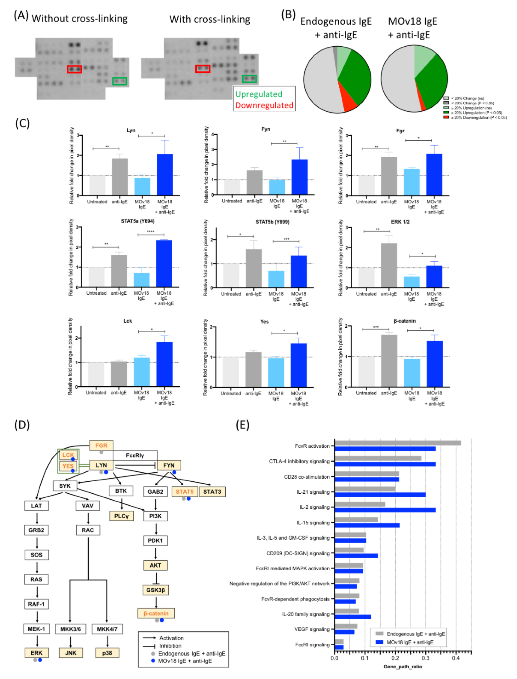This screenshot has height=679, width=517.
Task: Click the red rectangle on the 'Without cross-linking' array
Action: click(x=74, y=69)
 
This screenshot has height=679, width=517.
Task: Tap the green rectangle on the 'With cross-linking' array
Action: click(x=249, y=79)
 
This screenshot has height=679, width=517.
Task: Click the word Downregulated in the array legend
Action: click(x=264, y=105)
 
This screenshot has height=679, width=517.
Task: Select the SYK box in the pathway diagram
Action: click(x=65, y=486)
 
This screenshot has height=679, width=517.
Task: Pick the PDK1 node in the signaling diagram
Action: click(x=155, y=541)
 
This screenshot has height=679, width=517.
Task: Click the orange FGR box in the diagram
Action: click(x=101, y=446)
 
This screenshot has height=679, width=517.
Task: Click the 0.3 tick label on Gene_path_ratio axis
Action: click(x=426, y=658)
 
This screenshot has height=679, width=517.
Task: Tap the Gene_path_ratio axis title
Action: click(x=403, y=667)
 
